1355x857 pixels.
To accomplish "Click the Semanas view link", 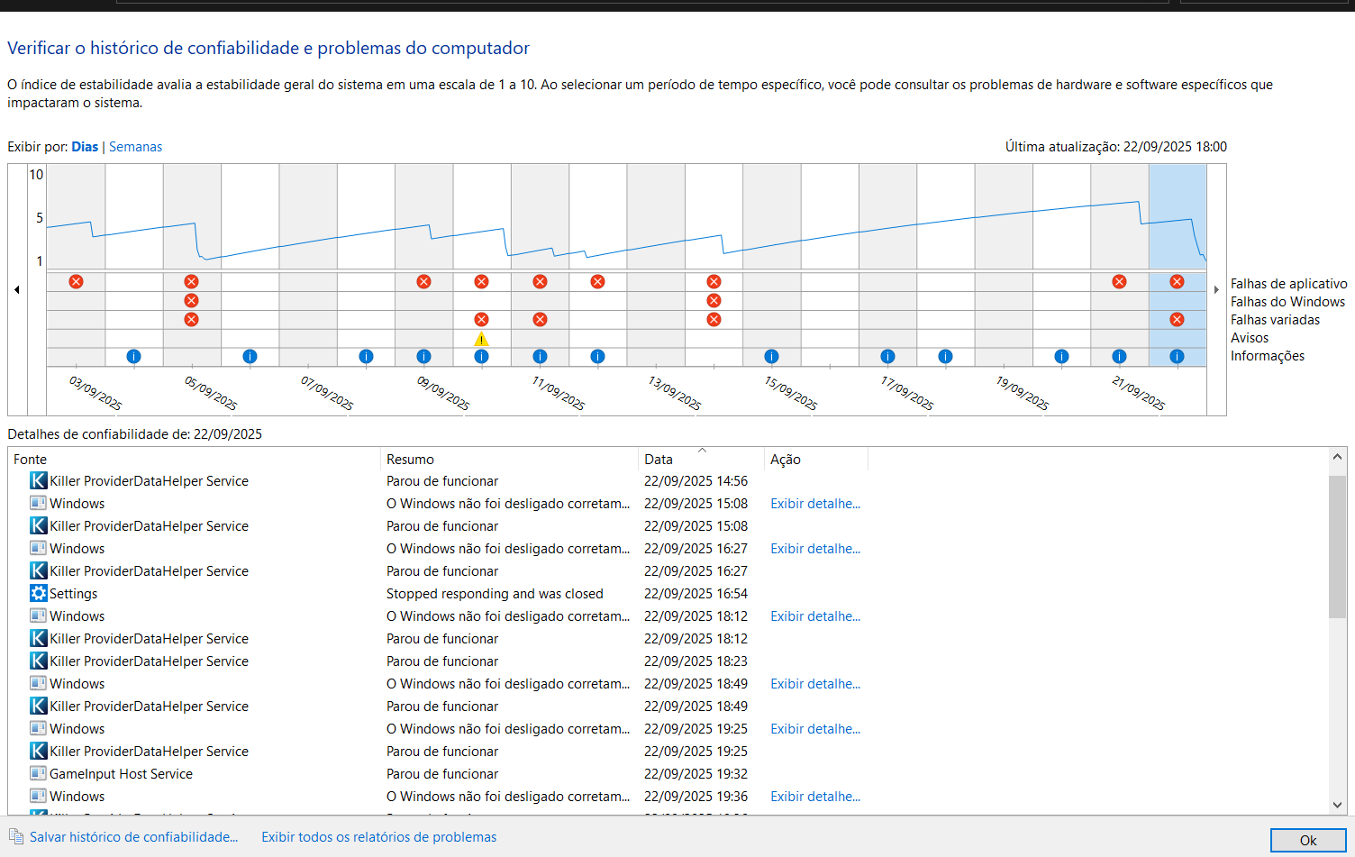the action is tap(135, 147).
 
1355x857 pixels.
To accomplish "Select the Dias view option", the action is tap(85, 147).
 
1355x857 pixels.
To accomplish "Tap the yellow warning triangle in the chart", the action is tap(481, 339).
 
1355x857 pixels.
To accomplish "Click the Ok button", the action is tap(1308, 840).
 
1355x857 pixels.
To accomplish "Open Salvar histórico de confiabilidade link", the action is tap(133, 837).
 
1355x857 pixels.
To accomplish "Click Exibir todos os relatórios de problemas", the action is tap(378, 837).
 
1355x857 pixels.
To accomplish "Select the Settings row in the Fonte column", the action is tap(73, 594).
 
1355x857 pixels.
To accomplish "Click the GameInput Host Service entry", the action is tap(121, 774).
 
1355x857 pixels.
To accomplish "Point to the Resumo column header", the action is tap(410, 460).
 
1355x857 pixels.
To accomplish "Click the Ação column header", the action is tap(786, 460).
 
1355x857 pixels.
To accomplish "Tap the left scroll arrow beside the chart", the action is tap(17, 290).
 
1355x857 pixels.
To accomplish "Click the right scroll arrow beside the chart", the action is tap(1216, 290).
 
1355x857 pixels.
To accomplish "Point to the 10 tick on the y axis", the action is tap(36, 175).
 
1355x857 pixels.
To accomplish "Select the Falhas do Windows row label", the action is tap(1287, 302).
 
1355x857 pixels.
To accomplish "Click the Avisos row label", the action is tap(1249, 338).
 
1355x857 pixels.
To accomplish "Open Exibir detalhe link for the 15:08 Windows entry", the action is tap(814, 504).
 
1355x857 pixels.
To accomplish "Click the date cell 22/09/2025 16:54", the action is tap(696, 594).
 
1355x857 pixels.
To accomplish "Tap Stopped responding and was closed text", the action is tap(495, 594).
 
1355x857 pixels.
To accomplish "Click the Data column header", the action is tap(659, 460).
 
